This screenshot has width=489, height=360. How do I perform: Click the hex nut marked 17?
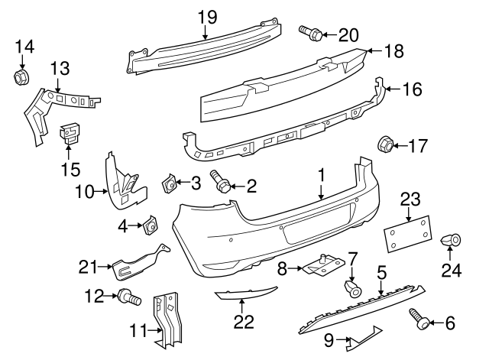(386, 143)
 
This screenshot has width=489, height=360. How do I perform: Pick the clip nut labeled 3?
(170, 183)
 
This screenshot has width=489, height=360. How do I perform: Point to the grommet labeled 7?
(351, 289)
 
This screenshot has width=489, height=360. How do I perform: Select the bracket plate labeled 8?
(321, 267)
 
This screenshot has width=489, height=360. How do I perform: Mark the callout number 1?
(322, 175)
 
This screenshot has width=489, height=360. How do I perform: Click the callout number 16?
(412, 89)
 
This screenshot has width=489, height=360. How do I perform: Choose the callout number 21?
(89, 266)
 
